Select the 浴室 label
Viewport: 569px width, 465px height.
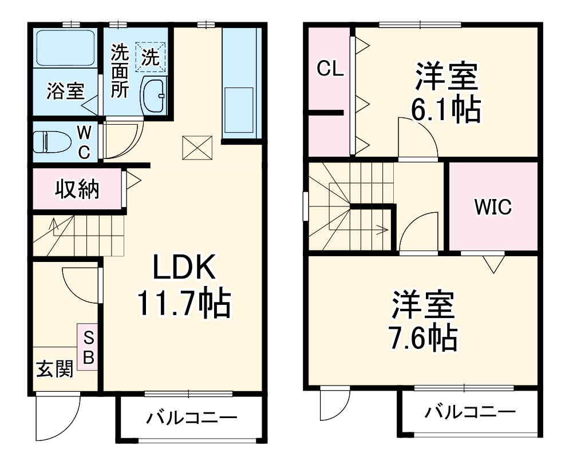(65, 91)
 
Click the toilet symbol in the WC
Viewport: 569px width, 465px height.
(48, 141)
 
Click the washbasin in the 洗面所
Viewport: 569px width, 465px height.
(153, 95)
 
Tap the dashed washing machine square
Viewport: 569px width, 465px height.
(151, 56)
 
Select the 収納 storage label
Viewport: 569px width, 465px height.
(77, 188)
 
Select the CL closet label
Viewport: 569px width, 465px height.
(330, 69)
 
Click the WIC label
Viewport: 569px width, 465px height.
(492, 206)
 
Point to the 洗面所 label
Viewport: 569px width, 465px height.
(120, 71)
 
